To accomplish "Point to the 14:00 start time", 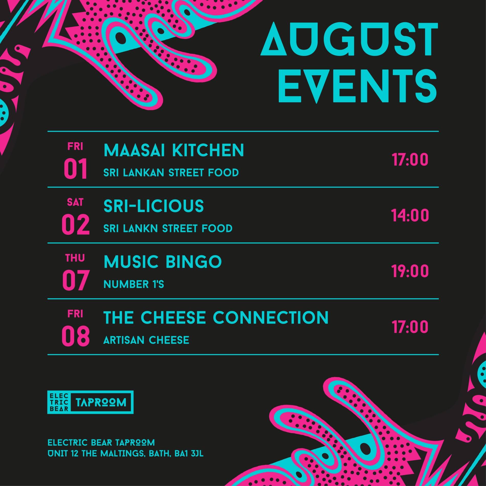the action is coord(410,215).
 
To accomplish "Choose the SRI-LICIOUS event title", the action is coord(154,206).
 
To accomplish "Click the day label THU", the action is coord(75,258).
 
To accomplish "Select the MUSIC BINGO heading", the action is coord(163,262).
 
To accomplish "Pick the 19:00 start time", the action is coord(410,271).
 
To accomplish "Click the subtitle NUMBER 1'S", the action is coord(134,284).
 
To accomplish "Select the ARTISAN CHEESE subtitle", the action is coord(146,340).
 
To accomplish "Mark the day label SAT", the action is coord(75,202).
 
